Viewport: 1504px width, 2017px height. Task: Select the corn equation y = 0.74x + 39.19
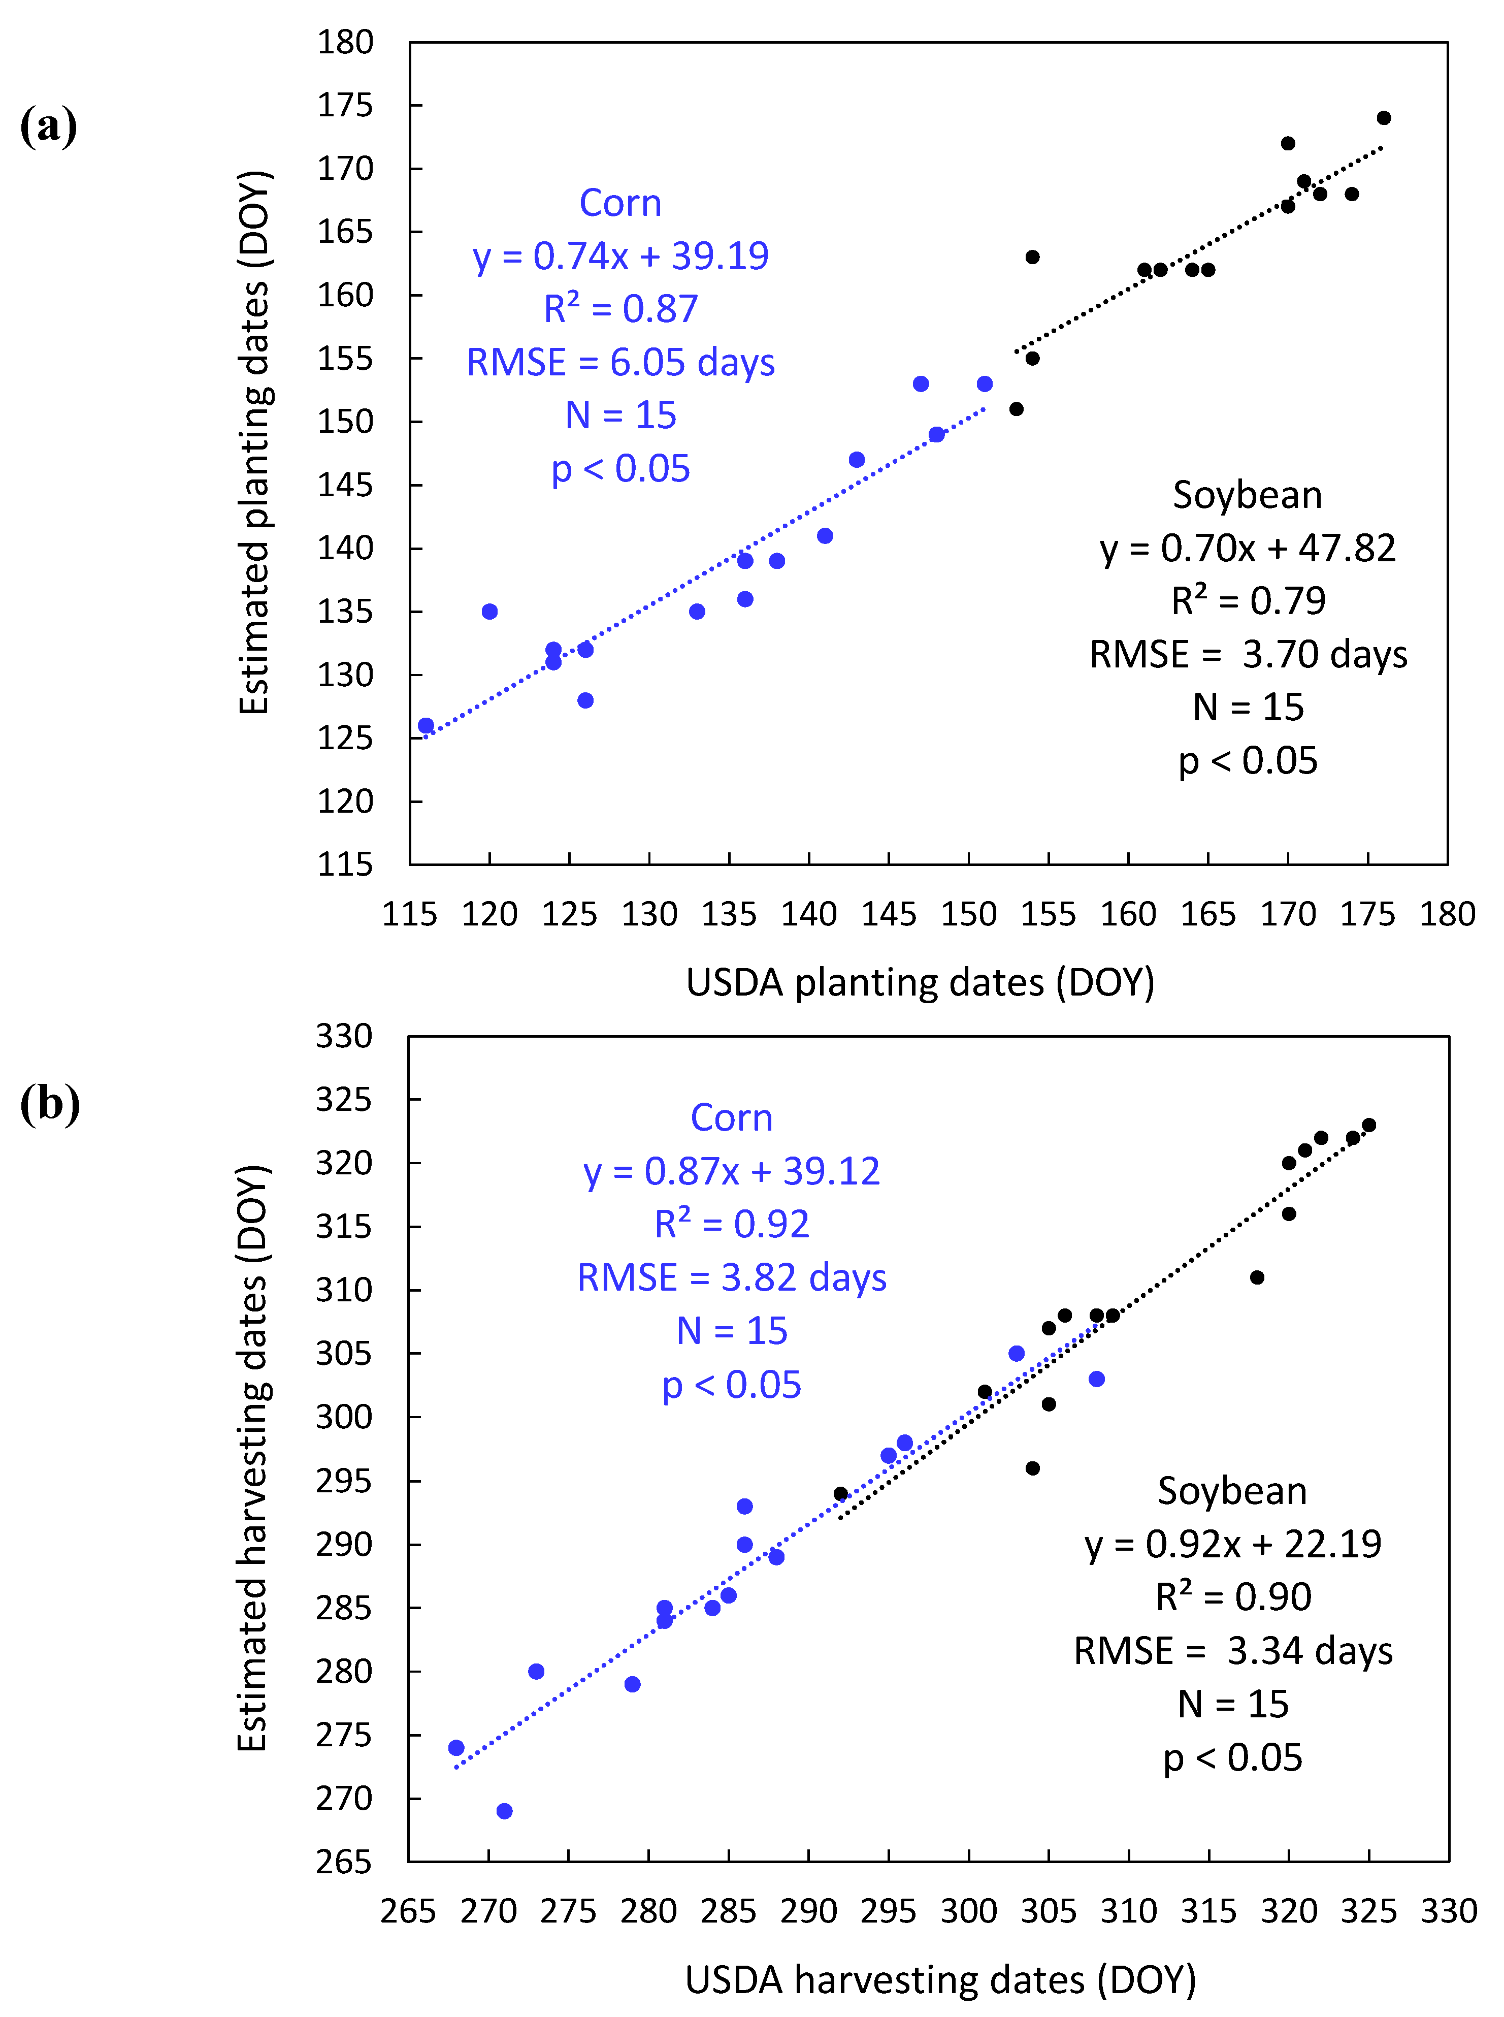coord(620,256)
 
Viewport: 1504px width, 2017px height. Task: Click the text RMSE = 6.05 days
coord(620,363)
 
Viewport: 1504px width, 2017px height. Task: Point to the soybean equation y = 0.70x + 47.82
coord(1247,548)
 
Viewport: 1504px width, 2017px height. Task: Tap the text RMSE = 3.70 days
coord(1247,655)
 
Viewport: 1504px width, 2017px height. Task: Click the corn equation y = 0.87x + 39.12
coord(731,1171)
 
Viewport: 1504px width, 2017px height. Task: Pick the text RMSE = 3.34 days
coord(1233,1651)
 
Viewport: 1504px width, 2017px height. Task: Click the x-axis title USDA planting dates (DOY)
coord(920,982)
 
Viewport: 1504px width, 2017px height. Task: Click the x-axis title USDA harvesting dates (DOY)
coord(939,1979)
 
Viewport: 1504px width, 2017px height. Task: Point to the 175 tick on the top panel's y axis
coord(345,106)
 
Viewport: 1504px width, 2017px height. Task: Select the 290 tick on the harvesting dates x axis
coord(808,1910)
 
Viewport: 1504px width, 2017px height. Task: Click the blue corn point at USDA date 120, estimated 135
coord(490,611)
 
